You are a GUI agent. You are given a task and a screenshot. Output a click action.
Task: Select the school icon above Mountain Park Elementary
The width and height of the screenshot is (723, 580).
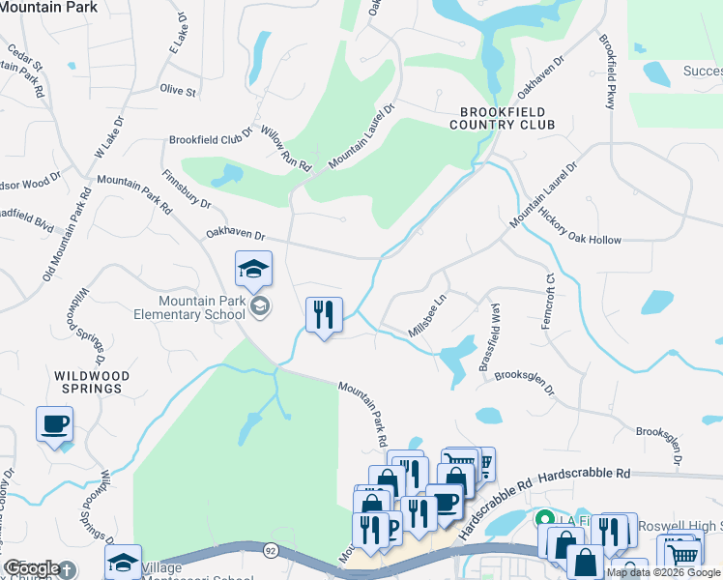click(x=253, y=271)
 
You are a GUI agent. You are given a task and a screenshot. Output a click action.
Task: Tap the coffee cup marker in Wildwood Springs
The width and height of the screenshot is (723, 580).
click(x=54, y=423)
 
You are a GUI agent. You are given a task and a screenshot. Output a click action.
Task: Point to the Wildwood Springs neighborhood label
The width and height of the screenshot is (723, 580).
click(x=88, y=381)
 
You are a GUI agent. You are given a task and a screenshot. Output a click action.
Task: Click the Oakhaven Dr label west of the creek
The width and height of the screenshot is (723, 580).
click(x=235, y=234)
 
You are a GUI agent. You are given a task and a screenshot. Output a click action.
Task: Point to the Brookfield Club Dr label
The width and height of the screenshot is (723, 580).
click(x=211, y=137)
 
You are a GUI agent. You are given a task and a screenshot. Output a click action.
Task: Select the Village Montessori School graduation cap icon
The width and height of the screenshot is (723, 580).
click(x=124, y=563)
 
